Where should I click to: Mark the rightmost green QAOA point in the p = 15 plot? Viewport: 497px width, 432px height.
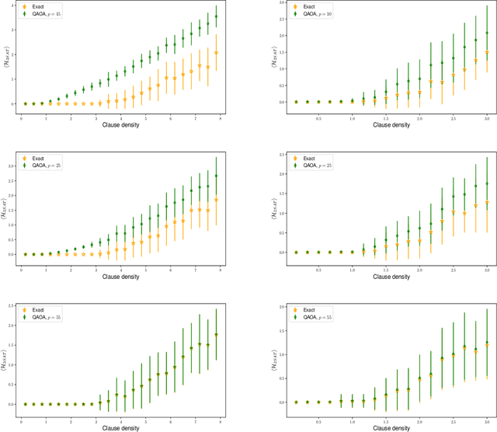(x=216, y=16)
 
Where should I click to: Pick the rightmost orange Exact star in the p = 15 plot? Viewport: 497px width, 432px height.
(x=216, y=53)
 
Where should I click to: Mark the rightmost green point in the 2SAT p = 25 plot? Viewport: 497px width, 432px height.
(x=487, y=184)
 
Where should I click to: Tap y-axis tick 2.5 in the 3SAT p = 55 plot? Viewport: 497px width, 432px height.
(x=12, y=305)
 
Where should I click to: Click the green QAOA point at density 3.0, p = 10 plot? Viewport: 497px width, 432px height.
(x=487, y=33)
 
